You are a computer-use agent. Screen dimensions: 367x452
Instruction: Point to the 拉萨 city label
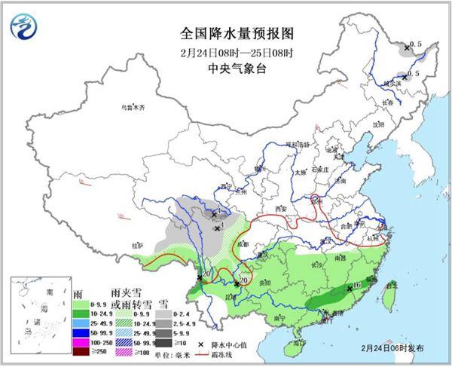(x=136, y=245)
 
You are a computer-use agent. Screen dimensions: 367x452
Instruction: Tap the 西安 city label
(x=282, y=207)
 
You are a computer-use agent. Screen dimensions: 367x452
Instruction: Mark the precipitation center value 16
(x=357, y=286)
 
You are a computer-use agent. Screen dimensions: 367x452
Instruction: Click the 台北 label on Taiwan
(x=390, y=285)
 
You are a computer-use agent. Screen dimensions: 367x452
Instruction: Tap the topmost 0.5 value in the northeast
(x=414, y=45)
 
